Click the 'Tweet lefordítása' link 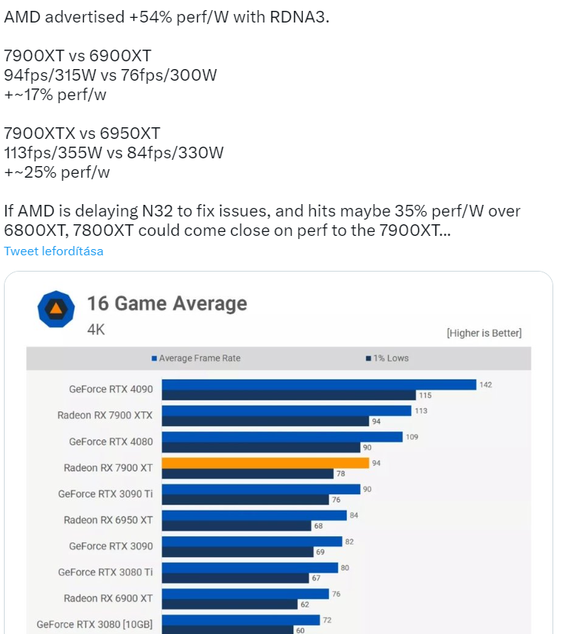[x=54, y=251]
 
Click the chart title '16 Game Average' [x=167, y=303]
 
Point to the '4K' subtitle [x=95, y=330]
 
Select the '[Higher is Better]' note [x=483, y=333]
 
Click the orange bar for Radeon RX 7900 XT [x=265, y=463]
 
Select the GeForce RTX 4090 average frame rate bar [x=319, y=385]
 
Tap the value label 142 [x=486, y=385]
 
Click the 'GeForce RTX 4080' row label [x=111, y=442]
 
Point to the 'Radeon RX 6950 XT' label [x=108, y=520]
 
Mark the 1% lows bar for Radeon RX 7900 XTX [x=265, y=421]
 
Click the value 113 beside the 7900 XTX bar [x=421, y=411]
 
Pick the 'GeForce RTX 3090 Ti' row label [x=106, y=494]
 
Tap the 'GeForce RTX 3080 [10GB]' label [x=95, y=624]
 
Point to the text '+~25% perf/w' [x=57, y=172]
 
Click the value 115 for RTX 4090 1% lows [x=424, y=395]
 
